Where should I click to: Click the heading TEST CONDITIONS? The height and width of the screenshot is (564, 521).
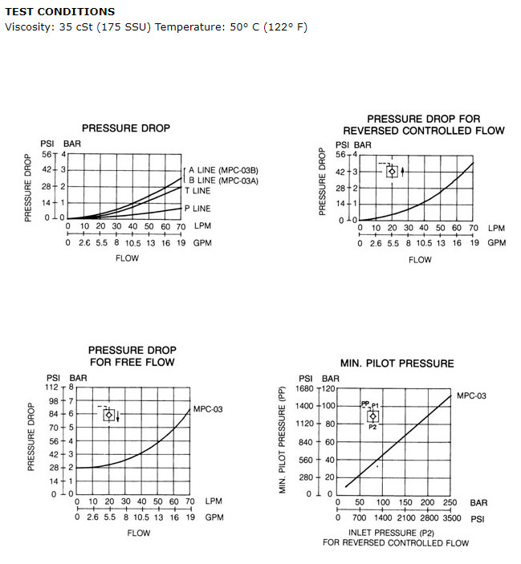pyautogui.click(x=60, y=11)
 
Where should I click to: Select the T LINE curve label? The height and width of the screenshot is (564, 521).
pyautogui.click(x=197, y=191)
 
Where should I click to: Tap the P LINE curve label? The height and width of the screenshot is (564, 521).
pyautogui.click(x=197, y=209)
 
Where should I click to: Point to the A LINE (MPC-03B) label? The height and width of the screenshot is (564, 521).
pyautogui.click(x=223, y=170)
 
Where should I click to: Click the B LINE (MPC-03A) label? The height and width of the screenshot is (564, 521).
pyautogui.click(x=223, y=181)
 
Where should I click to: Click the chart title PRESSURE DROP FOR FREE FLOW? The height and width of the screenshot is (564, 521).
pyautogui.click(x=132, y=356)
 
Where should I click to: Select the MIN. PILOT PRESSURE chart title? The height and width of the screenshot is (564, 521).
pyautogui.click(x=397, y=363)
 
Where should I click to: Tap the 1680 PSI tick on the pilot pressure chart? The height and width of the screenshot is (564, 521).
pyautogui.click(x=304, y=389)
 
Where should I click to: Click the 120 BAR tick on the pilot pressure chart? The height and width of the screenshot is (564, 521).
pyautogui.click(x=328, y=389)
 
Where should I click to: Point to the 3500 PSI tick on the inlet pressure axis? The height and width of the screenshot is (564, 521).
pyautogui.click(x=451, y=518)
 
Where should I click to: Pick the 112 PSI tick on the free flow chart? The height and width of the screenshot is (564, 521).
pyautogui.click(x=51, y=387)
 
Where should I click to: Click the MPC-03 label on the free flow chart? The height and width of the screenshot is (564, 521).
pyautogui.click(x=208, y=409)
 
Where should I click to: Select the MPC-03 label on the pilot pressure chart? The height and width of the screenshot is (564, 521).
pyautogui.click(x=471, y=396)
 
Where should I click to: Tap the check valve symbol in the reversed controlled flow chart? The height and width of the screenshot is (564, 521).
pyautogui.click(x=393, y=172)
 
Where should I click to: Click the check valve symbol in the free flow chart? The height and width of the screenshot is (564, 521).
pyautogui.click(x=109, y=415)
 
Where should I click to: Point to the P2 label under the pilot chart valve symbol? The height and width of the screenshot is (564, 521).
pyautogui.click(x=372, y=427)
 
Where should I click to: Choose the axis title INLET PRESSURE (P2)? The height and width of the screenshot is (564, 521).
pyautogui.click(x=391, y=533)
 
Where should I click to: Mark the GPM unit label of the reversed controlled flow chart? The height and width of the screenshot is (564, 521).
pyautogui.click(x=497, y=243)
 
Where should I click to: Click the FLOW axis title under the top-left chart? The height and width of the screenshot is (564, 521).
pyautogui.click(x=127, y=258)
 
